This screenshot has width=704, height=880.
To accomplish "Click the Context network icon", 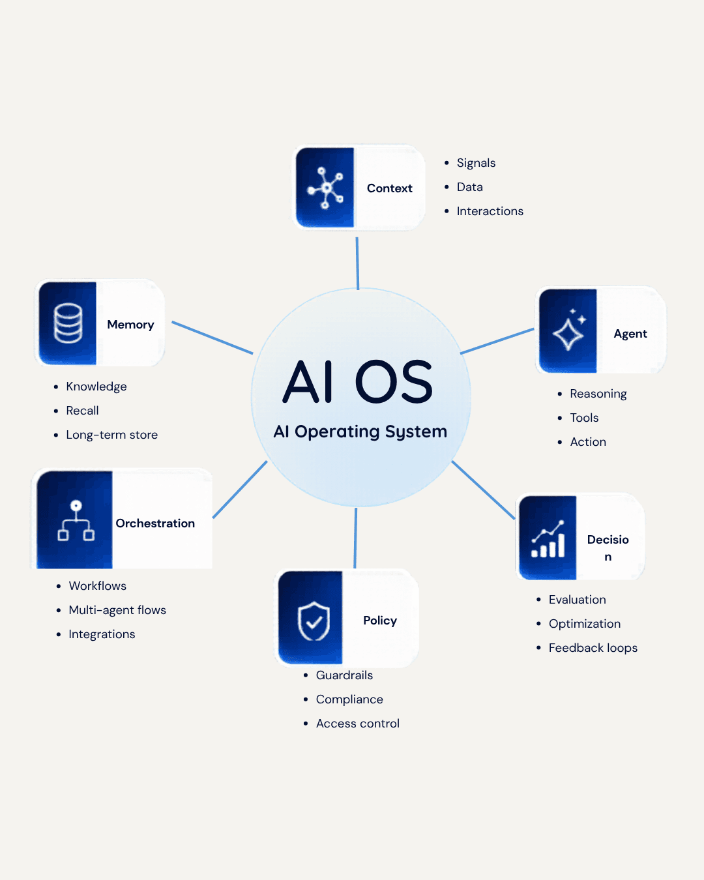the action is coord(325,188).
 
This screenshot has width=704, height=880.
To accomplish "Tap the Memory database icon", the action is coord(68,323).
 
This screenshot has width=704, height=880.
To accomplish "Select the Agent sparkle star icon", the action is coord(569,331).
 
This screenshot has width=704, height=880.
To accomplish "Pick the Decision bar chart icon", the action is coord(548,539).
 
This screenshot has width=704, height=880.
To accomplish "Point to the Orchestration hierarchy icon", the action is coord(76,521).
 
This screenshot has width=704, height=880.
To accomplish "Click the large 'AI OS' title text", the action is coord(359,382).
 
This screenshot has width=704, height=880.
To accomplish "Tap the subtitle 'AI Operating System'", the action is coord(360,432).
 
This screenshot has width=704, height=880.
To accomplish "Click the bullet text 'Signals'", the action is coord(476,163).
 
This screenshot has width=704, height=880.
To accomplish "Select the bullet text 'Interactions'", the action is coord(490,211).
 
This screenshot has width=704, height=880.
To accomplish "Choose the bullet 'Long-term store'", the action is coord(111,435).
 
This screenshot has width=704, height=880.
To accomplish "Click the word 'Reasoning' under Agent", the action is coord(598,394).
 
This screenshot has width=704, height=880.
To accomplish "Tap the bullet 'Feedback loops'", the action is coord(593,648).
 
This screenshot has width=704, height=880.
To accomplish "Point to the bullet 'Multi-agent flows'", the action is coord(117,610).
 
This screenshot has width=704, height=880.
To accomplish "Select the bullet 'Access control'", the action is coord(357,724).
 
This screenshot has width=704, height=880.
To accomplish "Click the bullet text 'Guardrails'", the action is coord(344,675).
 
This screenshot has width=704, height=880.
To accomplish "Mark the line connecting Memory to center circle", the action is coord(212,338).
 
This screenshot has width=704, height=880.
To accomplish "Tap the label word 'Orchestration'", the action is coord(155,523).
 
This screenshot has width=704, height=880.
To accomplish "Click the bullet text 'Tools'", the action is coord(584,418).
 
